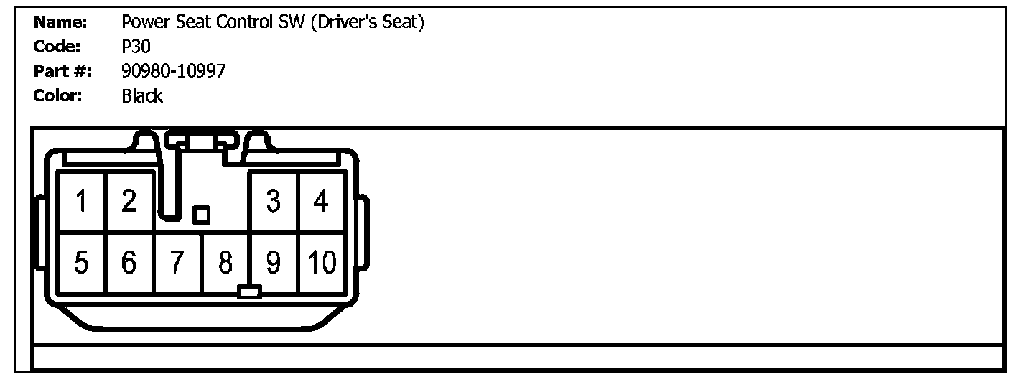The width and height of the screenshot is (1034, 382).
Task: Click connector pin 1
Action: pyautogui.click(x=82, y=202)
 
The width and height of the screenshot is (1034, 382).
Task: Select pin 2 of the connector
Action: pyautogui.click(x=129, y=202)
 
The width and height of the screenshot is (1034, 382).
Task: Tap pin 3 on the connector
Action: pyautogui.click(x=273, y=202)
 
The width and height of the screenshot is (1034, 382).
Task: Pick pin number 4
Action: pyautogui.click(x=321, y=202)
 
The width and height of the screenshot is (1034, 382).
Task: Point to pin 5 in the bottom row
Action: pyautogui.click(x=82, y=264)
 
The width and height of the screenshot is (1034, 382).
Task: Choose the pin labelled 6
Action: pyautogui.click(x=129, y=264)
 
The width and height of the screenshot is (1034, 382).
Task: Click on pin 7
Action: pyautogui.click(x=177, y=264)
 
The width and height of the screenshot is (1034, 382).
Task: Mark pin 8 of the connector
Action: pyautogui.click(x=225, y=264)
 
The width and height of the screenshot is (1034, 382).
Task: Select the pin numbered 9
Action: pyautogui.click(x=273, y=264)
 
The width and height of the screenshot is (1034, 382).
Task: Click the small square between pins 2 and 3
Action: pyautogui.click(x=202, y=214)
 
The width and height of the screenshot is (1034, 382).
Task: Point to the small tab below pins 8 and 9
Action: pyautogui.click(x=249, y=292)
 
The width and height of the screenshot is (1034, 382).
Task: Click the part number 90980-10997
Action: pyautogui.click(x=174, y=71)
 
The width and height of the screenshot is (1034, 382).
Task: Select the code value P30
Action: pyautogui.click(x=136, y=47)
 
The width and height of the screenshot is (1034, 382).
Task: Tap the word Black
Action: pyautogui.click(x=142, y=96)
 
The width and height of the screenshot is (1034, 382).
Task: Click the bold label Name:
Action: pyautogui.click(x=60, y=22)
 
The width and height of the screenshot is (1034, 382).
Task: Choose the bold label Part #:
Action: pyautogui.click(x=63, y=71)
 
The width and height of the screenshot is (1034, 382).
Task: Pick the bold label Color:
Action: pyautogui.click(x=59, y=96)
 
